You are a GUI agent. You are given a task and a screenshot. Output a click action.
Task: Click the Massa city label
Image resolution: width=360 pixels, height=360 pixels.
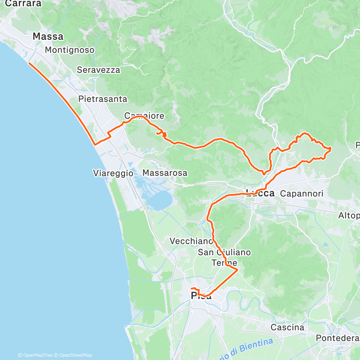tap(48, 36)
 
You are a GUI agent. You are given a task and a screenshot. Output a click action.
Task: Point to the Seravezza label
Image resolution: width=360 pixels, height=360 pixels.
tap(99, 70)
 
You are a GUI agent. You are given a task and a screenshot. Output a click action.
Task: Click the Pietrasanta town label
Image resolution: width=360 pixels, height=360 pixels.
tap(103, 98)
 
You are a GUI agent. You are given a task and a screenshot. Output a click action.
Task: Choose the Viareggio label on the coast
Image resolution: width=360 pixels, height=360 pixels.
tap(113, 173)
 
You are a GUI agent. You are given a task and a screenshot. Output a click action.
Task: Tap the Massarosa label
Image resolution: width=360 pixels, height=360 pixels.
tap(165, 173)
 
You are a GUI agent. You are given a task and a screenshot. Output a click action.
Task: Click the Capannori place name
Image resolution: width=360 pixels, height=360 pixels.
tap(302, 194)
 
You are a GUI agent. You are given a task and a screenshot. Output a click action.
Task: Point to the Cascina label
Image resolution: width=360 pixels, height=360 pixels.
tap(287, 328)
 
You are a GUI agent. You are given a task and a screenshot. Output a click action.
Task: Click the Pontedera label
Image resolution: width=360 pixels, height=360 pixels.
tap(337, 338)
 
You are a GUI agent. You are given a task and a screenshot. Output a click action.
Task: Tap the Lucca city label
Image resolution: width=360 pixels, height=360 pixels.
tap(260, 193)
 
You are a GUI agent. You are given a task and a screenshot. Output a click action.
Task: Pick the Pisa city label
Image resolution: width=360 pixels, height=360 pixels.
tap(201, 296)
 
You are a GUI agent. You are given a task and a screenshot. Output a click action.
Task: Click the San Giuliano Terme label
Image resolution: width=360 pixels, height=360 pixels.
tap(224, 257)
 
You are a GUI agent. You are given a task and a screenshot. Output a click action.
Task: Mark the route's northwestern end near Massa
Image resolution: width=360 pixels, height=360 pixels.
tap(29, 63)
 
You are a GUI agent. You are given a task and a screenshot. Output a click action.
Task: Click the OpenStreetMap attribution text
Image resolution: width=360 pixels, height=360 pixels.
tap(73, 355)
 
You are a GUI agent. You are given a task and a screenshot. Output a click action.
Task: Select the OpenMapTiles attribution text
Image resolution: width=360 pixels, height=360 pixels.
tap(35, 355)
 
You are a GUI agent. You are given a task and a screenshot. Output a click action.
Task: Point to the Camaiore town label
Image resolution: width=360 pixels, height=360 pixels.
tap(144, 116)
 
